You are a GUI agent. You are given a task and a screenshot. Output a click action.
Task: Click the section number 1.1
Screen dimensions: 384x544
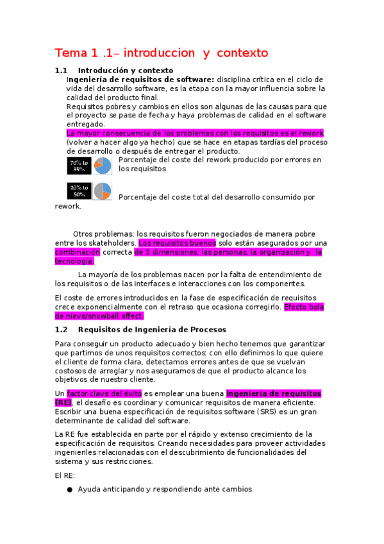point(62,70)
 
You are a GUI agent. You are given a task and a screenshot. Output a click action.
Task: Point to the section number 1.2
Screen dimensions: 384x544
point(62,330)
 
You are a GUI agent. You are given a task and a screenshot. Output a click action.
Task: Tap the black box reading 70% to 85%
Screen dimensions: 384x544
point(79,166)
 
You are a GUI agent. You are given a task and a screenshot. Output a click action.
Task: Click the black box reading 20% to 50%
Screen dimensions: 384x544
point(79,191)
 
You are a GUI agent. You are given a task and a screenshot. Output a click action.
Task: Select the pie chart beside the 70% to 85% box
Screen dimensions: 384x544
point(103,166)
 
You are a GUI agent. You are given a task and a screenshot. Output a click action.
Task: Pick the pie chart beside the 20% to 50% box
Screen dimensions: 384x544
point(103,191)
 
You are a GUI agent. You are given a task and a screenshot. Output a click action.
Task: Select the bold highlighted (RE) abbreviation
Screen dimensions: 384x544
point(63,402)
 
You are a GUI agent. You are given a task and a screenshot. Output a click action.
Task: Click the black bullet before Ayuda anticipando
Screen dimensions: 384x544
point(69,489)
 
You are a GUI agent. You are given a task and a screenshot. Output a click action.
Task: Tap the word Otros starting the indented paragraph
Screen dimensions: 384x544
point(85,234)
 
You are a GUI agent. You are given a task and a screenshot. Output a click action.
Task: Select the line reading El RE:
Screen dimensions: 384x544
point(65,475)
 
